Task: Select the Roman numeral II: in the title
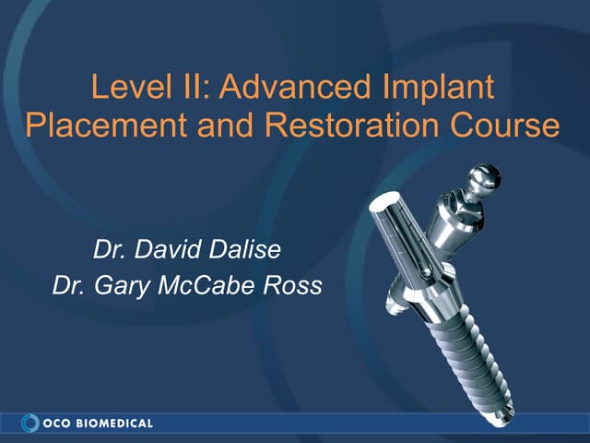(x=190, y=88)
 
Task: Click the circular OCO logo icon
(x=29, y=423)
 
